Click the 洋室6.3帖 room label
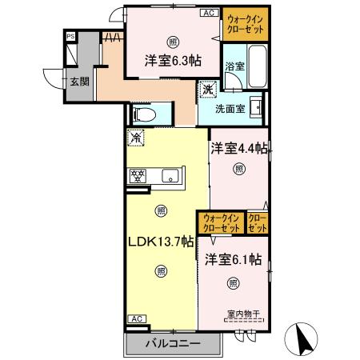[173, 60]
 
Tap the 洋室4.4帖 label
[238, 148]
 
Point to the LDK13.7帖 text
[162, 241]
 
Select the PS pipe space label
[70, 37]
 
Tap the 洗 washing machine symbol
[210, 90]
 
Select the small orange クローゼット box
[258, 223]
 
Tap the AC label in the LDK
[135, 318]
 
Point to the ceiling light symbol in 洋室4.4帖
[238, 169]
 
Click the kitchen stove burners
[136, 174]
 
